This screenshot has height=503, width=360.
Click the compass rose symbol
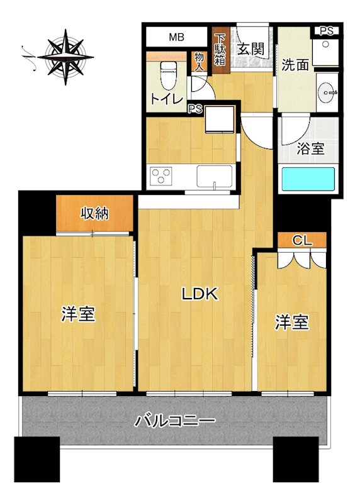(65, 57)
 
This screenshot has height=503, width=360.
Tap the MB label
(177, 37)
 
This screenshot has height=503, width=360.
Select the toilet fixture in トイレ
(169, 75)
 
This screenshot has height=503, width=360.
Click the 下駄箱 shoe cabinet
(220, 50)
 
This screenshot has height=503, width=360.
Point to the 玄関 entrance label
(251, 49)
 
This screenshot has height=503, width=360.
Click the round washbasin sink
(327, 92)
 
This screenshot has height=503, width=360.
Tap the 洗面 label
(295, 65)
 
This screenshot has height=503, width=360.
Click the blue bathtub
(308, 179)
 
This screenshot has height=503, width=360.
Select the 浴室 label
(310, 148)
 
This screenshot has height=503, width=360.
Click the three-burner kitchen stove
(161, 176)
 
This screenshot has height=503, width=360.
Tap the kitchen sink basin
(214, 176)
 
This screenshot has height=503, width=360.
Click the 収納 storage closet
(95, 213)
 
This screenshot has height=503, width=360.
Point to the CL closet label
(302, 240)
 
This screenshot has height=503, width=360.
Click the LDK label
(200, 294)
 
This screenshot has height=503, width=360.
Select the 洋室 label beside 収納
(79, 314)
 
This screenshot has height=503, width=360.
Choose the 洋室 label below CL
(291, 322)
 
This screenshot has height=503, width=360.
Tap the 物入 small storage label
(199, 62)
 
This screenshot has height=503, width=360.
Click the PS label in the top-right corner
(326, 31)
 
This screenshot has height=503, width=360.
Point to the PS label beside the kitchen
(195, 109)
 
